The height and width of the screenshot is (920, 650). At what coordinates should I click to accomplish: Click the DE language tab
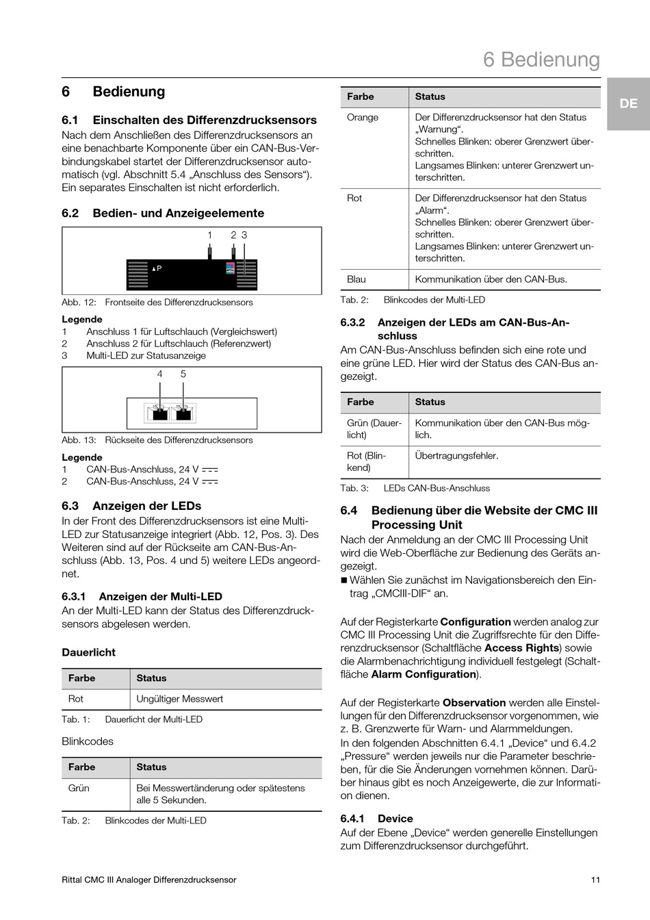click(628, 103)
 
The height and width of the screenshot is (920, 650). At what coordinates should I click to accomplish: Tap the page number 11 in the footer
click(595, 880)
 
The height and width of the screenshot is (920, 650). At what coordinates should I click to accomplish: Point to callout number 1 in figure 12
click(210, 235)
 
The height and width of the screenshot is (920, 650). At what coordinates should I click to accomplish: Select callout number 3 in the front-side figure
click(244, 235)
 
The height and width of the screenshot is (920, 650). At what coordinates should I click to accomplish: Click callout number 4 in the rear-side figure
click(160, 374)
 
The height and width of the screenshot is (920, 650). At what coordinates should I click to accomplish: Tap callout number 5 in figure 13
click(183, 374)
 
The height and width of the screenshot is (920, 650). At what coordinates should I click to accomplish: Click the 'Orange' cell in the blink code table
click(363, 117)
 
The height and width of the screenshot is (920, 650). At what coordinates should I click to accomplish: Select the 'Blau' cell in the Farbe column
click(356, 279)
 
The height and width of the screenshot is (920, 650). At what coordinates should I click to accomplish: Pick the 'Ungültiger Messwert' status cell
click(180, 699)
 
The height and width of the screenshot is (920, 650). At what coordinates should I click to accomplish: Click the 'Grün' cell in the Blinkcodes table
click(79, 788)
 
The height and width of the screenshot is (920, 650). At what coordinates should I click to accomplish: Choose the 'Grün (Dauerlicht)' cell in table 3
click(374, 429)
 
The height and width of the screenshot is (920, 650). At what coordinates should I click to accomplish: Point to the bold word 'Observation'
click(474, 702)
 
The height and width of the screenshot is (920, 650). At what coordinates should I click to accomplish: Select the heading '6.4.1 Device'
click(376, 819)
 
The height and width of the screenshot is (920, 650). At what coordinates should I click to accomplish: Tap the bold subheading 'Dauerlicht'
click(89, 652)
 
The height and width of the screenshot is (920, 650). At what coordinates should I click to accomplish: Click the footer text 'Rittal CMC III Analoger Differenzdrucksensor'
click(149, 880)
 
